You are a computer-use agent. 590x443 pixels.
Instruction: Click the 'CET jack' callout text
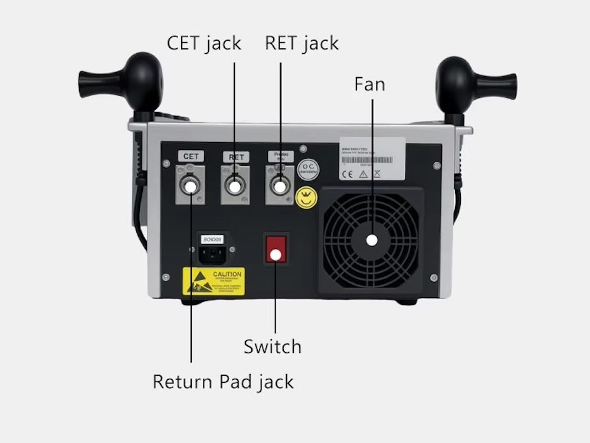[x=204, y=43]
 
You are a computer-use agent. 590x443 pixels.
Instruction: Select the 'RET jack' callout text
[x=301, y=43]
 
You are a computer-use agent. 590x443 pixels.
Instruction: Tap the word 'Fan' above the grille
[x=369, y=84]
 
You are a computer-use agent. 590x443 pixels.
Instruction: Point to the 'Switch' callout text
[x=272, y=346]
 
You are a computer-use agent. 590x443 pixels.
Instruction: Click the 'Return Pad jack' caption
[x=223, y=382]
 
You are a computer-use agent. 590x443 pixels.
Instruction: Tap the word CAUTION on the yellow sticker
[x=227, y=274]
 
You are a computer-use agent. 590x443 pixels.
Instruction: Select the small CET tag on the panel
[x=191, y=156]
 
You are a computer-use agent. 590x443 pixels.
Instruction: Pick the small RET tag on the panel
[x=235, y=157]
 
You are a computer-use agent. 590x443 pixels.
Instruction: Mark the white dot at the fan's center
[x=372, y=240]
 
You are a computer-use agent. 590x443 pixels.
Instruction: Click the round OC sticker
[x=307, y=169]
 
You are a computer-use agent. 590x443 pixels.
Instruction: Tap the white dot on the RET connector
[x=235, y=186]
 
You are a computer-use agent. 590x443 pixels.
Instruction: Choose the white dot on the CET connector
[x=191, y=186]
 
